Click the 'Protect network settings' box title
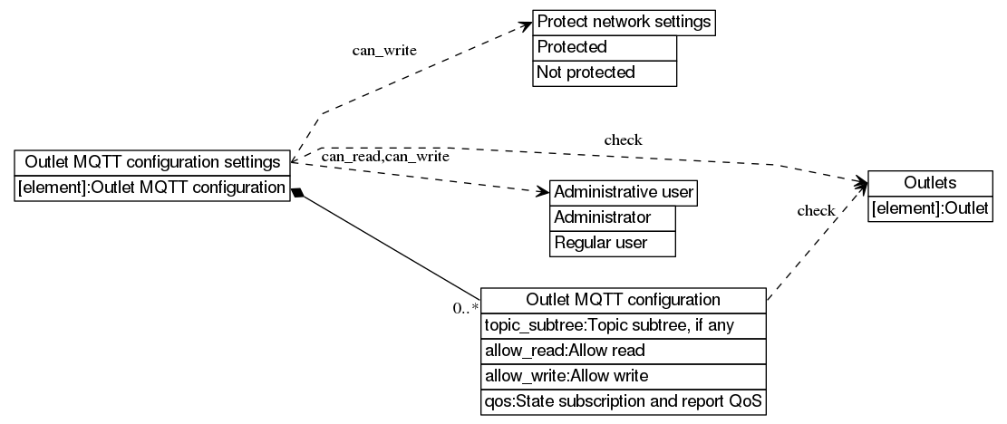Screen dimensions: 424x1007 [624, 23]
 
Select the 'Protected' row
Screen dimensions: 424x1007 [605, 47]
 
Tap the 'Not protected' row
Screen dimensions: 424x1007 [605, 72]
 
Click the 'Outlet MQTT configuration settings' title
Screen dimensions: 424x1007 [152, 162]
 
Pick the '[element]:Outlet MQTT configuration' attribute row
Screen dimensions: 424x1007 [152, 188]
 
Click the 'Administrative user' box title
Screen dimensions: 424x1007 [624, 193]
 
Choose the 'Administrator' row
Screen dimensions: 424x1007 [613, 218]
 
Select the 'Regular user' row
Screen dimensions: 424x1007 [613, 243]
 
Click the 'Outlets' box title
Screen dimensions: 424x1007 [930, 183]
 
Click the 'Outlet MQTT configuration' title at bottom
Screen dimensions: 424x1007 [624, 300]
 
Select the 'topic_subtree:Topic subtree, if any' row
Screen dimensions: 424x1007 [624, 325]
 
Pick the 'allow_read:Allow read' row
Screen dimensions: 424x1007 [624, 351]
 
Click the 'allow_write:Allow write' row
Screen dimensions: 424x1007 [624, 375]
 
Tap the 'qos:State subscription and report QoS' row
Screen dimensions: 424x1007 [624, 400]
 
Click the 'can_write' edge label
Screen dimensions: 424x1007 [384, 50]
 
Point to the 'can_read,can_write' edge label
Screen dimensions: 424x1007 [385, 158]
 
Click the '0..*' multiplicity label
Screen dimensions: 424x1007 [466, 308]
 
